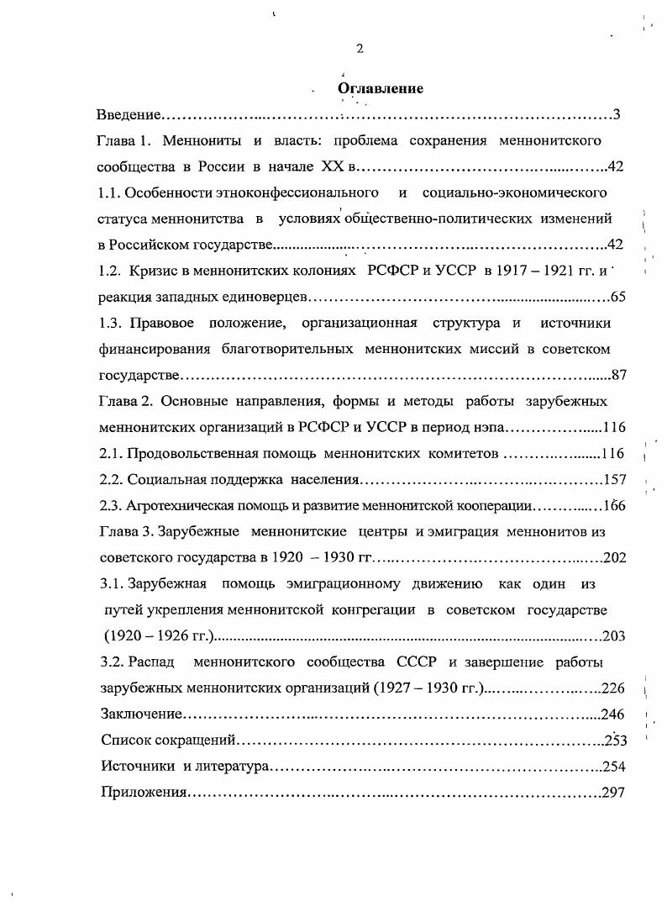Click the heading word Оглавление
point(380,88)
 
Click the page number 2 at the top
point(360,48)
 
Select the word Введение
point(128,115)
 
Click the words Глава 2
point(125,401)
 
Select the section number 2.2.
point(111,479)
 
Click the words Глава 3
point(125,531)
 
